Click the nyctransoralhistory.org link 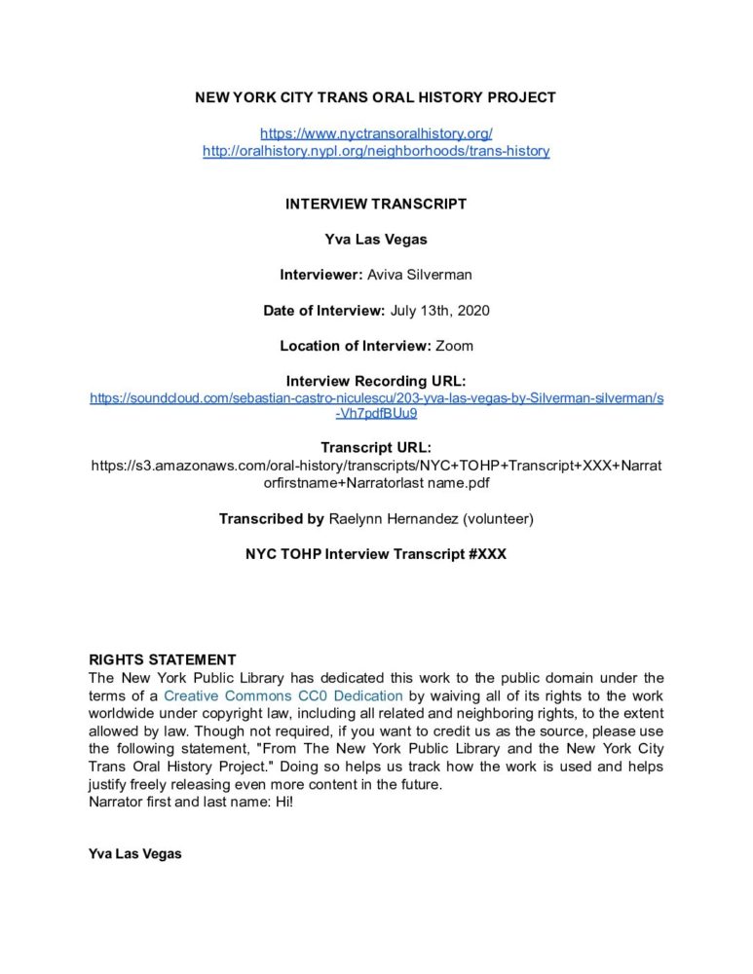(x=376, y=132)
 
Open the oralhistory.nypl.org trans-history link (x=376, y=151)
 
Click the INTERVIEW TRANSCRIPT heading (x=376, y=205)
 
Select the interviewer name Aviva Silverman (x=419, y=276)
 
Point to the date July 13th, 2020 (x=439, y=311)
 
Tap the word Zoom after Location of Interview (x=454, y=346)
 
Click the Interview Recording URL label (x=376, y=381)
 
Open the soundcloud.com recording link (x=376, y=398)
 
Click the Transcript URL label (x=376, y=448)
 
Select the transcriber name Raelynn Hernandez (x=388, y=519)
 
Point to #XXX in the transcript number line (x=485, y=554)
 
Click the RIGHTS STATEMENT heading (x=162, y=660)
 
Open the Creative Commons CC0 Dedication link (x=283, y=696)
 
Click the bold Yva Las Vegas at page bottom (x=134, y=854)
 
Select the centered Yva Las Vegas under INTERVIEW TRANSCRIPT (x=376, y=240)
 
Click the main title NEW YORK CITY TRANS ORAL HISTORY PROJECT (x=376, y=97)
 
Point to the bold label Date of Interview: (x=324, y=311)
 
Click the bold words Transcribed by (x=272, y=519)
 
